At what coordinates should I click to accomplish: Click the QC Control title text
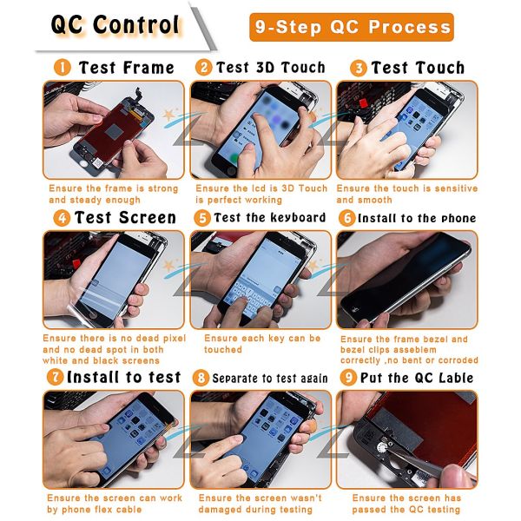pyautogui.click(x=115, y=24)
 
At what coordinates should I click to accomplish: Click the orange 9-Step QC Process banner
pyautogui.click(x=351, y=27)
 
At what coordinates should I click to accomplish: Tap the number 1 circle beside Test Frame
pyautogui.click(x=63, y=68)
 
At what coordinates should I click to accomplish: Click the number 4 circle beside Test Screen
pyautogui.click(x=61, y=218)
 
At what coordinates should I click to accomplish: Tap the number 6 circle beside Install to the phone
pyautogui.click(x=346, y=218)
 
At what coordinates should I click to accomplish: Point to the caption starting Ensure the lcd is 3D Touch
pyautogui.click(x=261, y=194)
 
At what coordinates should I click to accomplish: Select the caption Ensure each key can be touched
pyautogui.click(x=261, y=344)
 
